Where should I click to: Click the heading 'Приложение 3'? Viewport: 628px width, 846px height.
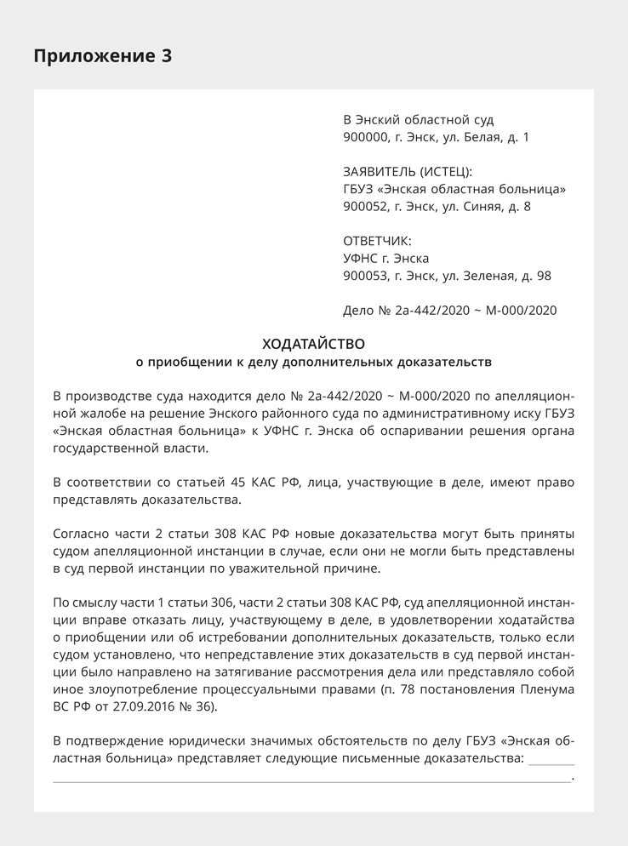click(x=102, y=56)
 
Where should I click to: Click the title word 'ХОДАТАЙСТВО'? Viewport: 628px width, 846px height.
click(x=313, y=344)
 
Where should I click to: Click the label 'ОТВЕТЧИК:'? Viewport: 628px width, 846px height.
click(x=377, y=241)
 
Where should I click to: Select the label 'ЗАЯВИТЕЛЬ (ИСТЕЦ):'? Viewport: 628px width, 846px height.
click(x=407, y=171)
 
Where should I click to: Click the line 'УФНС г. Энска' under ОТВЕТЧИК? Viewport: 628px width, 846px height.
click(x=385, y=258)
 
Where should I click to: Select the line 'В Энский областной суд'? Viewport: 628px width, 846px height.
click(x=418, y=120)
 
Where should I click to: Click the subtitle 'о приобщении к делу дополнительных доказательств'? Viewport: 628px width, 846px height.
click(x=314, y=362)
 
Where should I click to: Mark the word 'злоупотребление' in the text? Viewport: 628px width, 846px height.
click(x=134, y=689)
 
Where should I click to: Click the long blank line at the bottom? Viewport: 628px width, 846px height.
click(x=311, y=780)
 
